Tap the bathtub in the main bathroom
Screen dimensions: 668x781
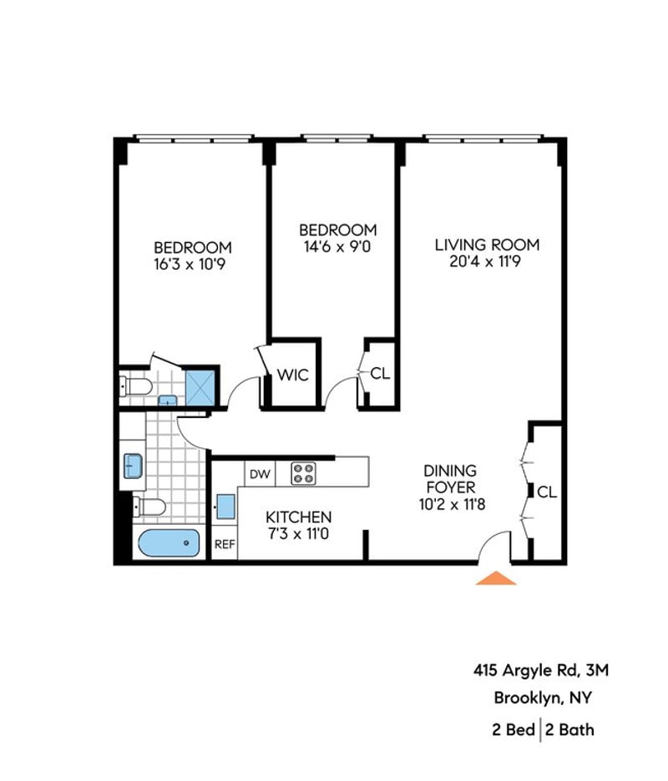click(169, 543)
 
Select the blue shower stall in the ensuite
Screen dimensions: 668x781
click(200, 386)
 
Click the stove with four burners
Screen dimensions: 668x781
click(304, 473)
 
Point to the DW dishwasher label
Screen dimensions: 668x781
click(260, 474)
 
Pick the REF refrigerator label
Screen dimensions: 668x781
click(225, 544)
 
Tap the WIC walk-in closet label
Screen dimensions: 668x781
click(292, 375)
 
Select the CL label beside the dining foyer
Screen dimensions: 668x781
click(547, 492)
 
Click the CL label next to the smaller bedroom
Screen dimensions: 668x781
click(381, 373)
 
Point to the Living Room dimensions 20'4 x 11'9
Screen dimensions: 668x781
click(485, 261)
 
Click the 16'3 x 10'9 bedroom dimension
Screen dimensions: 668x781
click(190, 264)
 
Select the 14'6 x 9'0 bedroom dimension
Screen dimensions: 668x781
click(337, 246)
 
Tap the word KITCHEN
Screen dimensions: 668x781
click(299, 517)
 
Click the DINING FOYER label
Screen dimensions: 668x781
click(450, 479)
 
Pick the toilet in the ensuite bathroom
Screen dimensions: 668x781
click(135, 386)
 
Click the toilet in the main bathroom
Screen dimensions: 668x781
click(149, 507)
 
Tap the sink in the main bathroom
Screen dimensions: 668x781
click(133, 466)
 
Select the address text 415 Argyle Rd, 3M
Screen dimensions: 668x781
click(541, 670)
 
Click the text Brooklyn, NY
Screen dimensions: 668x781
click(543, 698)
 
